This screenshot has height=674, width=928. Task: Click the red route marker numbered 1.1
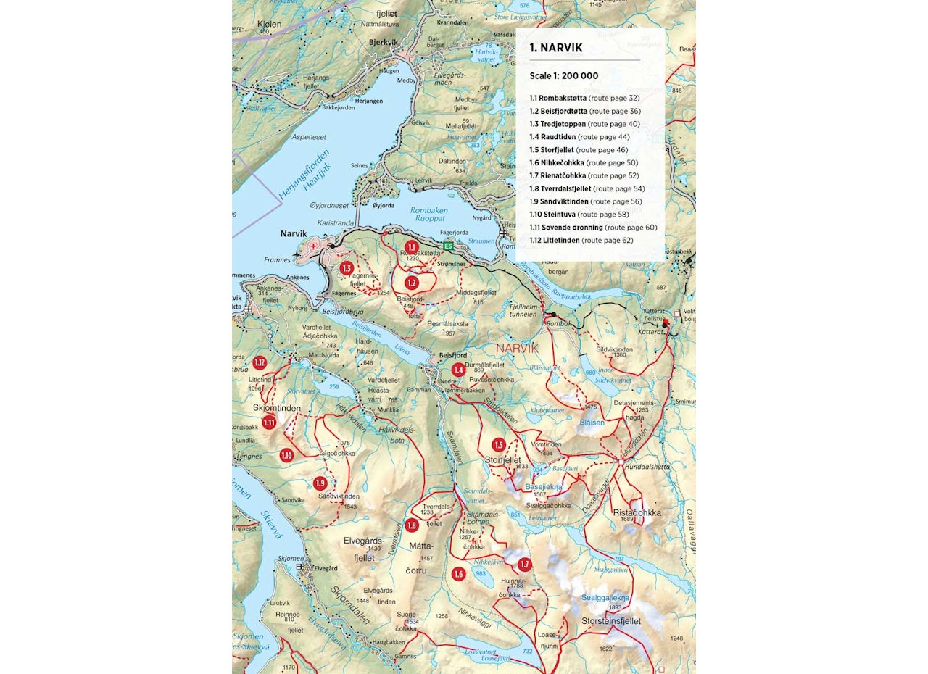pyautogui.click(x=411, y=247)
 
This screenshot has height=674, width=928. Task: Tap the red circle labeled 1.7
pyautogui.click(x=525, y=565)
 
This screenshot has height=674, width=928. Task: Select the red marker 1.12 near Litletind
pyautogui.click(x=260, y=362)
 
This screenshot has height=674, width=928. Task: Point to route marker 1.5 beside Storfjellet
pyautogui.click(x=498, y=444)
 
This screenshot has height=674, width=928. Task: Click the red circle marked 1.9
pyautogui.click(x=320, y=483)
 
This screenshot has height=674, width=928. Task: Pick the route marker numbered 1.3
pyautogui.click(x=347, y=268)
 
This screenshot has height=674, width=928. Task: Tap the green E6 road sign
pyautogui.click(x=449, y=246)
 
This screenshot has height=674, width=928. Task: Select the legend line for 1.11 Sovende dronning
pyautogui.click(x=592, y=228)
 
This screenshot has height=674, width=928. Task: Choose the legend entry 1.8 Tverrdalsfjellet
pyautogui.click(x=587, y=188)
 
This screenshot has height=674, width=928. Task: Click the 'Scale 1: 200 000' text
pyautogui.click(x=563, y=75)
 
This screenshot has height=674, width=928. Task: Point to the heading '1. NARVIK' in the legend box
pyautogui.click(x=555, y=49)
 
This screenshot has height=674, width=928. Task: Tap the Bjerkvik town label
pyautogui.click(x=384, y=42)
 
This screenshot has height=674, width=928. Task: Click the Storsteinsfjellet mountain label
pyautogui.click(x=611, y=621)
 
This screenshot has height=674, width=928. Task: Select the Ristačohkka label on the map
pyautogui.click(x=637, y=512)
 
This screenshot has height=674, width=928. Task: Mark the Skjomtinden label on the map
pyautogui.click(x=276, y=409)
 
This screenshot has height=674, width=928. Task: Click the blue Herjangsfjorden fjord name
pyautogui.click(x=303, y=176)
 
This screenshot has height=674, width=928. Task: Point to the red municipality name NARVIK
pyautogui.click(x=518, y=349)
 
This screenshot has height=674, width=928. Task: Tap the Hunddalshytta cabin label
pyautogui.click(x=650, y=467)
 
